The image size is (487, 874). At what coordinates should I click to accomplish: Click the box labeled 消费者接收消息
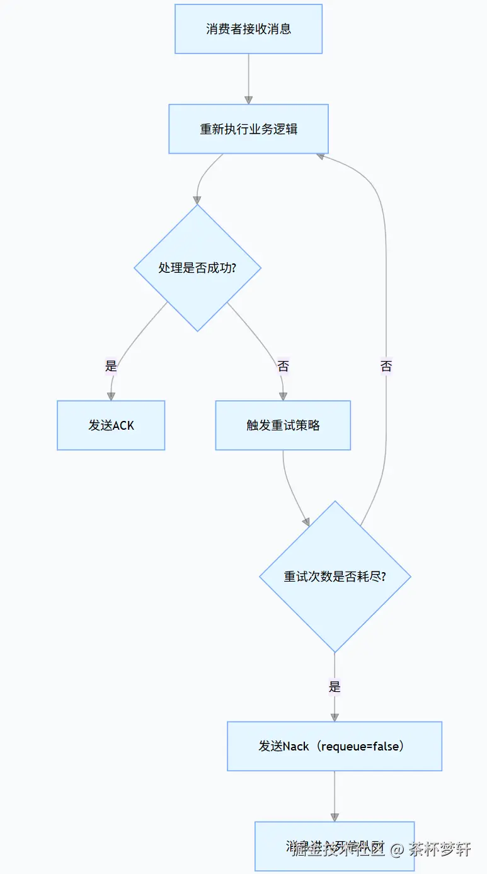pos(248,29)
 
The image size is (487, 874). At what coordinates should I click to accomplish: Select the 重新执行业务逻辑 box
pos(248,129)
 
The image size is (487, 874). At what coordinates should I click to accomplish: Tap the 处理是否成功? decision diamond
pos(197,268)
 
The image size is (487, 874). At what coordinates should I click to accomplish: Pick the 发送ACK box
pos(111,425)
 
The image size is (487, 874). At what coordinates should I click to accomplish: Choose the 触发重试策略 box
pos(283,425)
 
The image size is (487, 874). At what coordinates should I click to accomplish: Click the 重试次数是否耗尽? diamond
pos(335,577)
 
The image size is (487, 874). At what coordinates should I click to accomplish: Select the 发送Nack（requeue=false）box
pos(334,746)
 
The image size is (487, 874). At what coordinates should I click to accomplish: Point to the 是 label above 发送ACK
pos(112,366)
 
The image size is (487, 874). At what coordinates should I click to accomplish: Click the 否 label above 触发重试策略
pos(283,366)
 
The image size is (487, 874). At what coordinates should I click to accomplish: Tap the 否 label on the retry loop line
pos(386,366)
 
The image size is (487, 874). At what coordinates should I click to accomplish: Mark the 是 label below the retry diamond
pos(335,687)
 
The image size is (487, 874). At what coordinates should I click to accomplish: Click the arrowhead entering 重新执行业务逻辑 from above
pos(248,100)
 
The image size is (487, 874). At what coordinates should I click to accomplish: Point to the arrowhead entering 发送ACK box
pos(111,396)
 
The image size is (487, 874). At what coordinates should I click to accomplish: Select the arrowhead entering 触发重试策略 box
pos(283,396)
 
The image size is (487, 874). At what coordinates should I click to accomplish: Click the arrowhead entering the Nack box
pos(335,716)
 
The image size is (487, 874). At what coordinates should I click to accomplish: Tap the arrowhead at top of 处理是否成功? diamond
pos(197,200)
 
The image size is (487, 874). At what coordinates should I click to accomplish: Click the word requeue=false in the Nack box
pos(360,747)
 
